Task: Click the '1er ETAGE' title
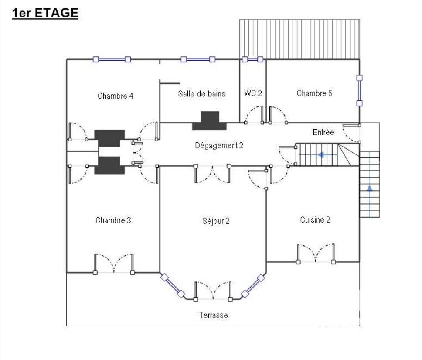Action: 45,13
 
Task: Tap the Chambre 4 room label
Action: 115,96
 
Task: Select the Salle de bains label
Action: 201,94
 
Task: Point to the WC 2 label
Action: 253,93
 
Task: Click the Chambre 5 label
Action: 314,93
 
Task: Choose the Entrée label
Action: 323,132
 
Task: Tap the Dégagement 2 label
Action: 219,146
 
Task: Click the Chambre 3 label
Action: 113,220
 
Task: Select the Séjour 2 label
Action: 216,221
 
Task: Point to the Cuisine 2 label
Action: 315,220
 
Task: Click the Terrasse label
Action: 214,315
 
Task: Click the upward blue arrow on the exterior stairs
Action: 370,188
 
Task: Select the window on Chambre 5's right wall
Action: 359,91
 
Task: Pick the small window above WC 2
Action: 252,59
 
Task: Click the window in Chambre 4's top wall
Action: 112,59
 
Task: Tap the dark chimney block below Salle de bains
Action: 209,121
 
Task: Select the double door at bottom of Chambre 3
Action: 114,264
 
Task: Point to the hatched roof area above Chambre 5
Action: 299,39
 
